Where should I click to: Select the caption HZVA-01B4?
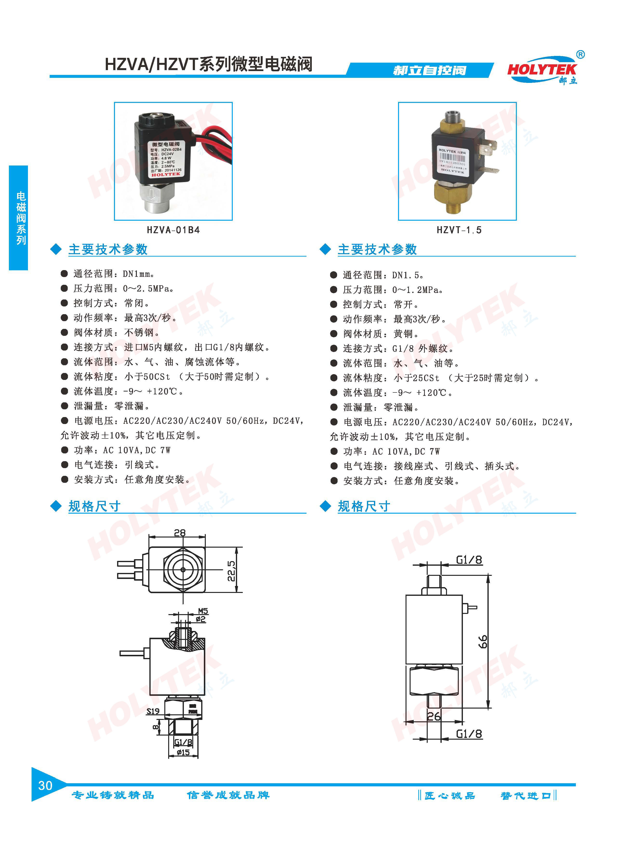pyautogui.click(x=173, y=230)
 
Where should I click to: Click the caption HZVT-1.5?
pyautogui.click(x=459, y=230)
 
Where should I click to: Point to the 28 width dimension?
pyautogui.click(x=180, y=532)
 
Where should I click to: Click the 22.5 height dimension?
pyautogui.click(x=231, y=571)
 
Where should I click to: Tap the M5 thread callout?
pyautogui.click(x=203, y=611)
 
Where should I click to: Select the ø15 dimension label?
pyautogui.click(x=183, y=752)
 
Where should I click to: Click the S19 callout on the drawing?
pyautogui.click(x=153, y=711)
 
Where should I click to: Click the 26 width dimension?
pyautogui.click(x=434, y=716)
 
